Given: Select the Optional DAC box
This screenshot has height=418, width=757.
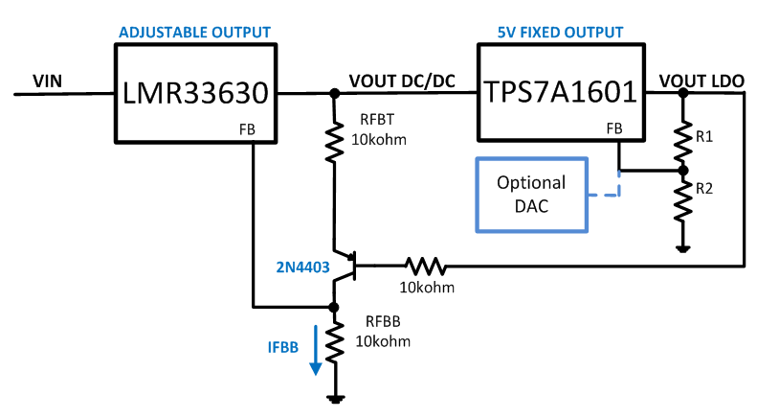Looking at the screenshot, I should [531, 194].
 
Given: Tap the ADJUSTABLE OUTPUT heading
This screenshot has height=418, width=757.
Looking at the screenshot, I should [194, 33].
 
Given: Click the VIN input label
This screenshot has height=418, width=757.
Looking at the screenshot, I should [47, 81].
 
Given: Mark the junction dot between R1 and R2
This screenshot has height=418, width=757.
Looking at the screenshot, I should [681, 172].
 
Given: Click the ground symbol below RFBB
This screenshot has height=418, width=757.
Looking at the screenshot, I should [334, 396].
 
